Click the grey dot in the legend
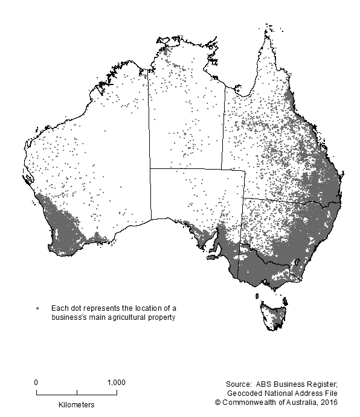38,309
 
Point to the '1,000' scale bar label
116,382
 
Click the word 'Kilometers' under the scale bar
77,403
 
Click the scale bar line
77,393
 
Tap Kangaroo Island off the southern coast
211,258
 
